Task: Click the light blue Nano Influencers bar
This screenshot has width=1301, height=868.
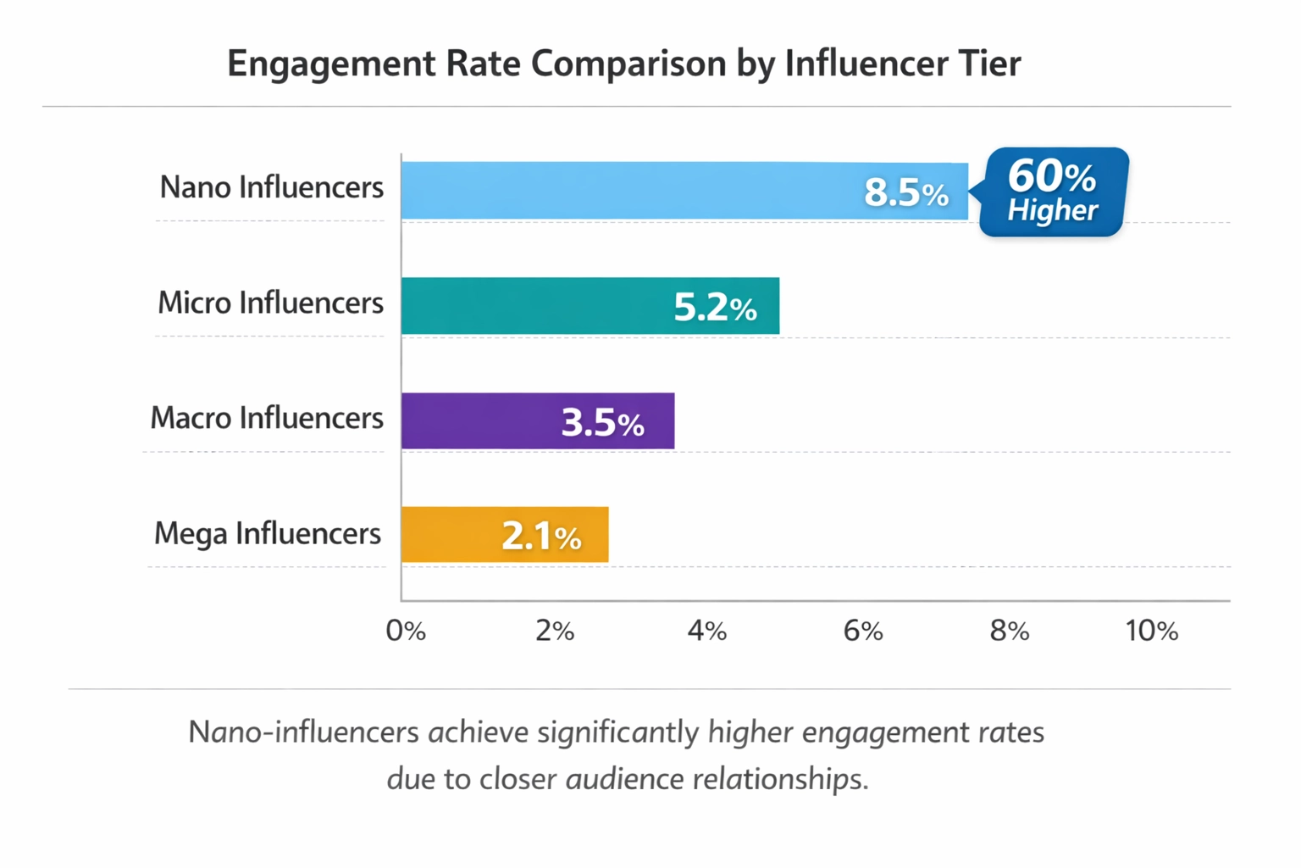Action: (x=627, y=191)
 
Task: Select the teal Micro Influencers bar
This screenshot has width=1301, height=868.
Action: (x=534, y=306)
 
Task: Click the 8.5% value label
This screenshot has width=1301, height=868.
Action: (x=905, y=192)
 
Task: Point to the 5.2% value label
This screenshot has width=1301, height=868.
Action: (x=715, y=308)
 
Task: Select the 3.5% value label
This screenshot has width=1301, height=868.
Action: (x=602, y=422)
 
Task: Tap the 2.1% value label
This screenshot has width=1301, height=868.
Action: (x=541, y=536)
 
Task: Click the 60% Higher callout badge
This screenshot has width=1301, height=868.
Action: (x=1053, y=192)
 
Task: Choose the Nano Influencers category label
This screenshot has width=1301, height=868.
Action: (x=271, y=187)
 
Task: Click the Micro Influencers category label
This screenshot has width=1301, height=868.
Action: (x=270, y=303)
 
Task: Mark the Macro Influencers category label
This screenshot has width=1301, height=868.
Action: (x=267, y=418)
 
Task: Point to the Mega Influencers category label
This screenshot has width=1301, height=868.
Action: (x=267, y=533)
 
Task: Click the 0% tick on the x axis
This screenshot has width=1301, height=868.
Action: (x=406, y=631)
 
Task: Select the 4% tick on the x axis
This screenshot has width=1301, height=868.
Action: (x=706, y=631)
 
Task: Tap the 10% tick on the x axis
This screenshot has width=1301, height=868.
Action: (x=1151, y=631)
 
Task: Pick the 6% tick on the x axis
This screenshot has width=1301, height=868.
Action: (x=862, y=631)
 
